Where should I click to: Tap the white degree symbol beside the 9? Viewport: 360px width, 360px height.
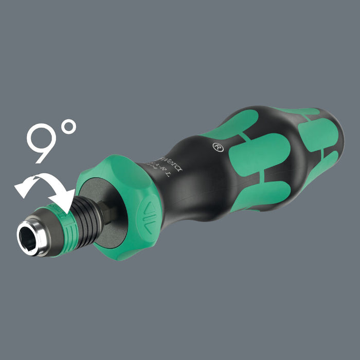click(68, 127)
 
